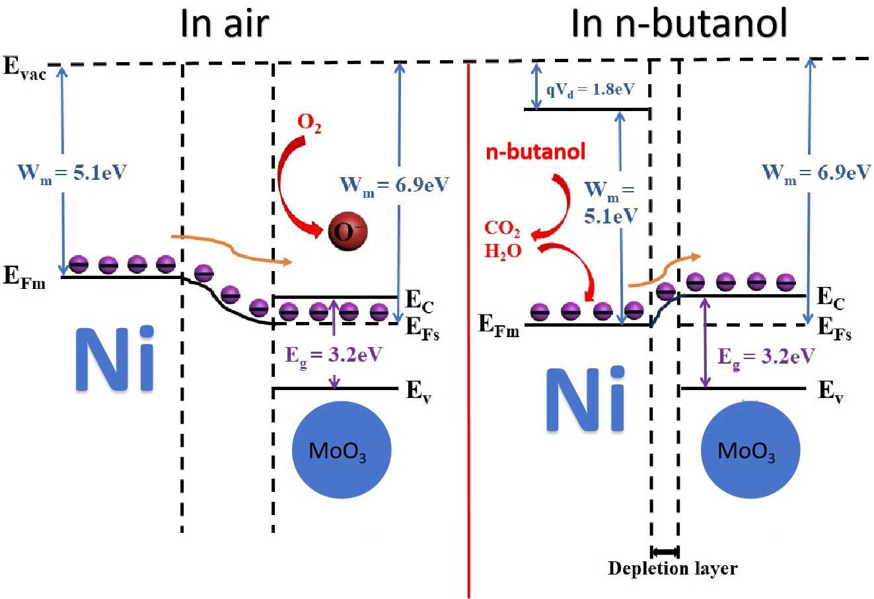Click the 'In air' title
[225, 24]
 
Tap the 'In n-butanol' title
[679, 24]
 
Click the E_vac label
[24, 69]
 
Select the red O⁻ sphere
[347, 231]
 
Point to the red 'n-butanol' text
[535, 152]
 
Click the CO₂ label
[502, 229]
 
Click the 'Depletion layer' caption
[673, 568]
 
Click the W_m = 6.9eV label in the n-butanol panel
[817, 173]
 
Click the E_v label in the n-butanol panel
[830, 391]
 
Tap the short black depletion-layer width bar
[665, 551]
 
